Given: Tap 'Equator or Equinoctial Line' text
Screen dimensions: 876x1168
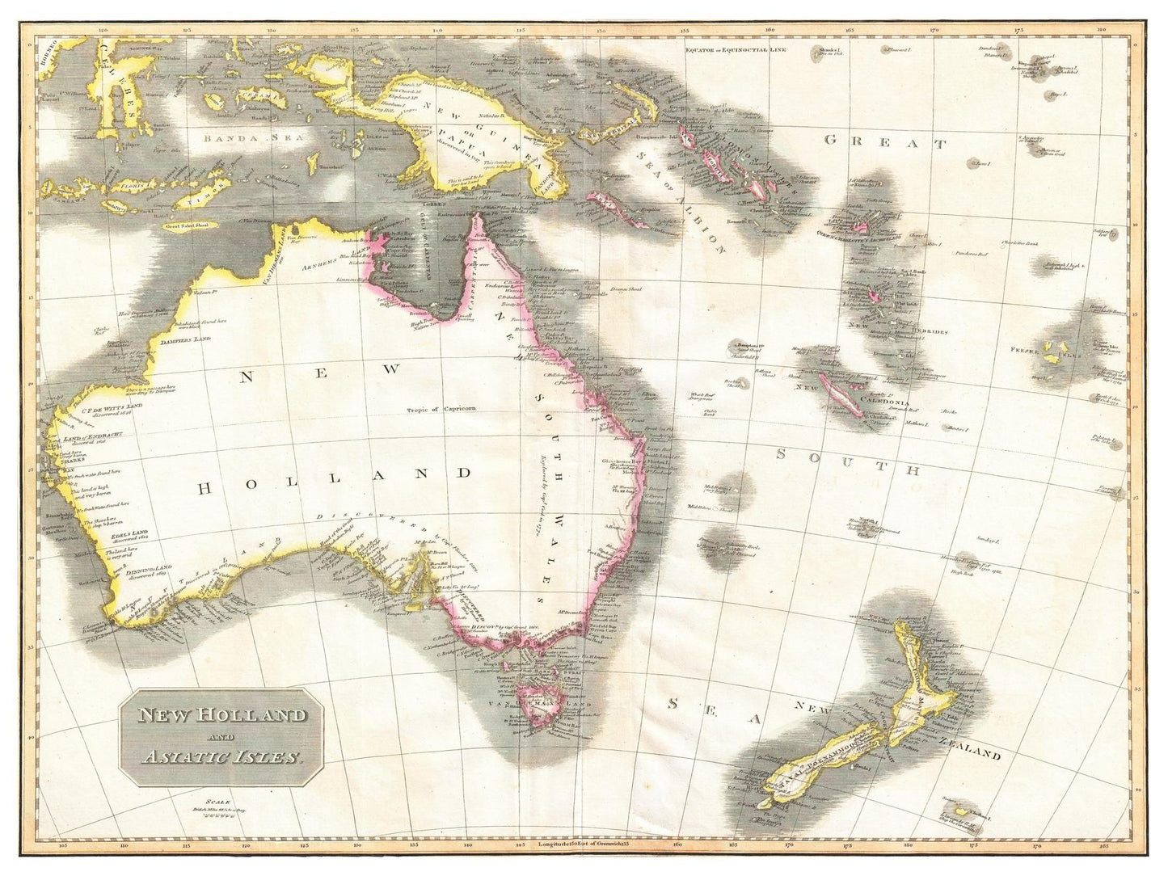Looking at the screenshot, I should pyautogui.click(x=735, y=50).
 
